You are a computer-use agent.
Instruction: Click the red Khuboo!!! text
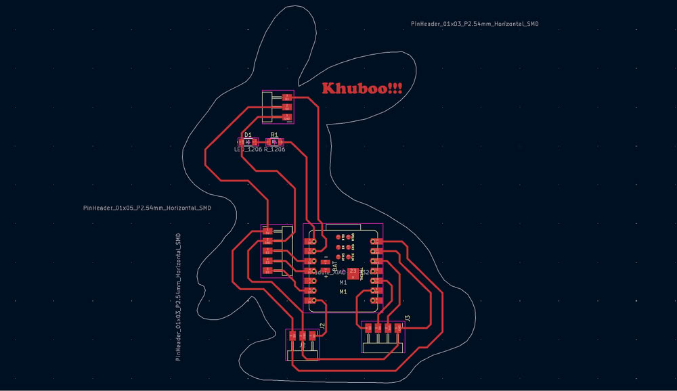362,89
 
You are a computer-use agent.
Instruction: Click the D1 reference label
248,135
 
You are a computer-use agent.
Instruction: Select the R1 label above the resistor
274,135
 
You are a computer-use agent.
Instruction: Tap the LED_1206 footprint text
248,149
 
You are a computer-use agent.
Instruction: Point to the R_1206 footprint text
275,149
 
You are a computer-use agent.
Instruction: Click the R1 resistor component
274,142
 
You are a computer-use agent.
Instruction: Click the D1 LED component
247,142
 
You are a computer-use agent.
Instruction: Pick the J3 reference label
408,318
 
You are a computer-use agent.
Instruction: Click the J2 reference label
322,326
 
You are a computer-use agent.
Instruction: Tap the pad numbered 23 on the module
353,271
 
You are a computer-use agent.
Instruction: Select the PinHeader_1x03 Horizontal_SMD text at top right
475,24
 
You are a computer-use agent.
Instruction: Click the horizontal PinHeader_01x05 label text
147,208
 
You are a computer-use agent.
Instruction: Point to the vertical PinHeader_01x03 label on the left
178,298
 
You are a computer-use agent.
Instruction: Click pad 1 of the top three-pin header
287,97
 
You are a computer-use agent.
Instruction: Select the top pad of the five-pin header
268,231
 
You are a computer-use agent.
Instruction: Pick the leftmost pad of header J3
368,328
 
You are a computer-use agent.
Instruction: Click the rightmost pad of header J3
397,328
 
